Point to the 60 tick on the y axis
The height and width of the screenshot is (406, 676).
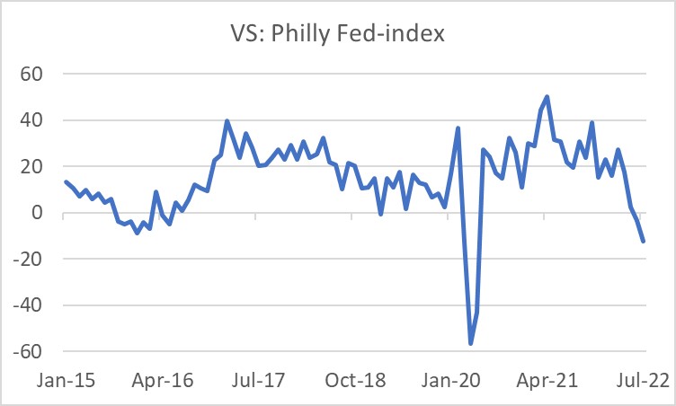42,74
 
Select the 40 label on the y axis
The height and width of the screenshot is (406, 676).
42,120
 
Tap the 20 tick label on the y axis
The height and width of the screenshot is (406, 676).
42,167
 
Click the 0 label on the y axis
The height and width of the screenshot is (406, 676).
48,214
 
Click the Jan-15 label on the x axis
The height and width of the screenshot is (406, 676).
66,380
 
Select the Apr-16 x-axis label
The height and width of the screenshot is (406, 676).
162,380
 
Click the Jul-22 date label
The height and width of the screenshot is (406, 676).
642,380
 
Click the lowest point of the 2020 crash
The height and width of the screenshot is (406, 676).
470,343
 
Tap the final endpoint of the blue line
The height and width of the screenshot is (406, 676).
643,241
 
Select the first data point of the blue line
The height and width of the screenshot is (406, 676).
66,182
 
